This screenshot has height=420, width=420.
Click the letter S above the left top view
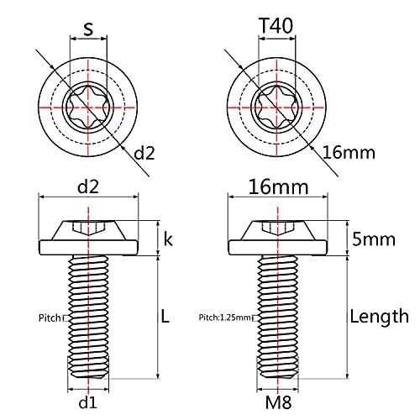[x=87, y=29]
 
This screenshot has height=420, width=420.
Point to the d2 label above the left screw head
[x=87, y=186]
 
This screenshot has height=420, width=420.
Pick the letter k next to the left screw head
[x=168, y=239]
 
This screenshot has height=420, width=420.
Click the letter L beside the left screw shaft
[x=165, y=317]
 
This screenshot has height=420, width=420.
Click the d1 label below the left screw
[x=87, y=403]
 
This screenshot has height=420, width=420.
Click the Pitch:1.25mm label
[x=225, y=318]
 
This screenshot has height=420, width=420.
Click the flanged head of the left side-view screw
[x=87, y=239]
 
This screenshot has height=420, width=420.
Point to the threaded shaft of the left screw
[x=87, y=319]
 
